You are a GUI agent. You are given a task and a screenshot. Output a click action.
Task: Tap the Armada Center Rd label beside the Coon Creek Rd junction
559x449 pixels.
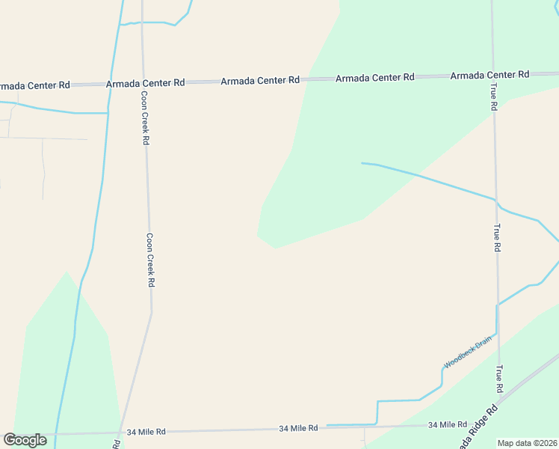[x=145, y=83]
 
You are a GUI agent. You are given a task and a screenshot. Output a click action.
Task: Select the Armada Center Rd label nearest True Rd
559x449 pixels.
[x=489, y=75]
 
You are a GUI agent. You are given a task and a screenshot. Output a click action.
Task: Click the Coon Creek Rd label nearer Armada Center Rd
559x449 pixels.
[x=145, y=118]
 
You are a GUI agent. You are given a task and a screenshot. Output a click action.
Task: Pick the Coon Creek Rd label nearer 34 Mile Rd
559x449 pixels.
[x=150, y=260]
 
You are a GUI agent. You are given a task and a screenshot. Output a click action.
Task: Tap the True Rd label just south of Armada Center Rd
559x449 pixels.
[x=494, y=97]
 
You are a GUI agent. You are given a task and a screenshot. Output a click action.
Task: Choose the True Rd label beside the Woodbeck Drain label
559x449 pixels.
[x=498, y=379]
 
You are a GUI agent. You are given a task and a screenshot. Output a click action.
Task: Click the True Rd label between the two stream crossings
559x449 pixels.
[x=496, y=237]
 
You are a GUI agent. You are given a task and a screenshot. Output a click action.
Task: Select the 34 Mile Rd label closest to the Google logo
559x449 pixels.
[x=146, y=432]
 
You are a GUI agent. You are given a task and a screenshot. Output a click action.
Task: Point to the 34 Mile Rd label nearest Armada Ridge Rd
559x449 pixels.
[x=448, y=424]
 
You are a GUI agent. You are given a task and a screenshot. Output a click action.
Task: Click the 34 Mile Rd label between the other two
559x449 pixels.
[x=298, y=428]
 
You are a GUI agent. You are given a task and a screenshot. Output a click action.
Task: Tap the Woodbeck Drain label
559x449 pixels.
[x=469, y=351]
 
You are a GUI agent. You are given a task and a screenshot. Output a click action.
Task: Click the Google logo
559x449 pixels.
[x=25, y=439]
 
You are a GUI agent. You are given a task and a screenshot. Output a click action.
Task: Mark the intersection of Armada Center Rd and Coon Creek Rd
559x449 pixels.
[x=142, y=82]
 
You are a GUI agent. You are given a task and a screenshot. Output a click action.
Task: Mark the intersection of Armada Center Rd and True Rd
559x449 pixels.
[x=492, y=75]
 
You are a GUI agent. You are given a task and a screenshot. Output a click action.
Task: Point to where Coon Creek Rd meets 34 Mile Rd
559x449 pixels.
[x=120, y=433]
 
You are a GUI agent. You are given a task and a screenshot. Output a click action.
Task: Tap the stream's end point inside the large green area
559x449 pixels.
[x=362, y=163]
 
